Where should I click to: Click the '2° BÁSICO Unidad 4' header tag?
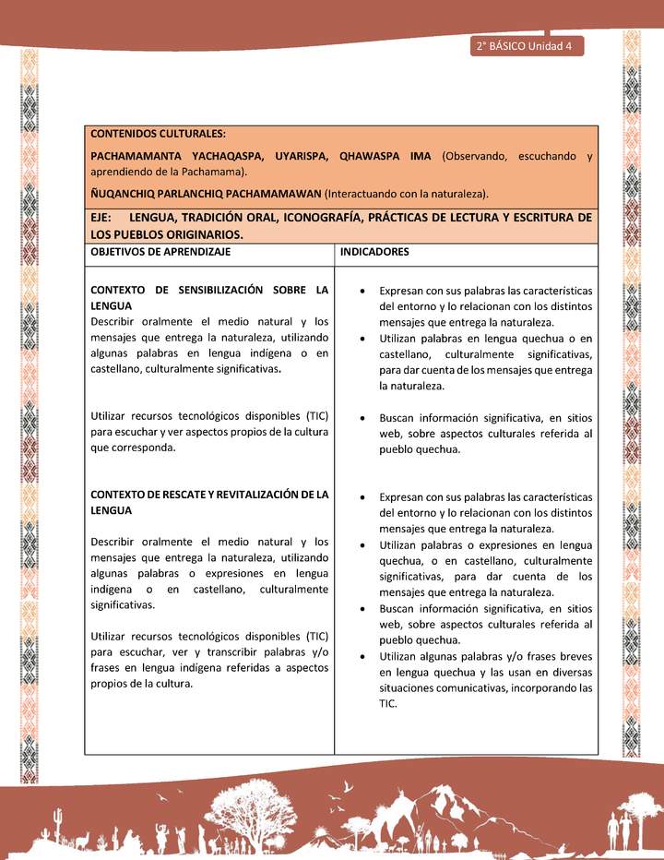pyautogui.click(x=525, y=47)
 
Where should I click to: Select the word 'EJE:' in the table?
pyautogui.click(x=102, y=218)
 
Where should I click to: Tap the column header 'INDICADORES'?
pyautogui.click(x=374, y=251)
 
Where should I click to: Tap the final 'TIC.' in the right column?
pyautogui.click(x=388, y=703)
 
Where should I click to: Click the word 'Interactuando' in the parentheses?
pyautogui.click(x=364, y=193)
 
